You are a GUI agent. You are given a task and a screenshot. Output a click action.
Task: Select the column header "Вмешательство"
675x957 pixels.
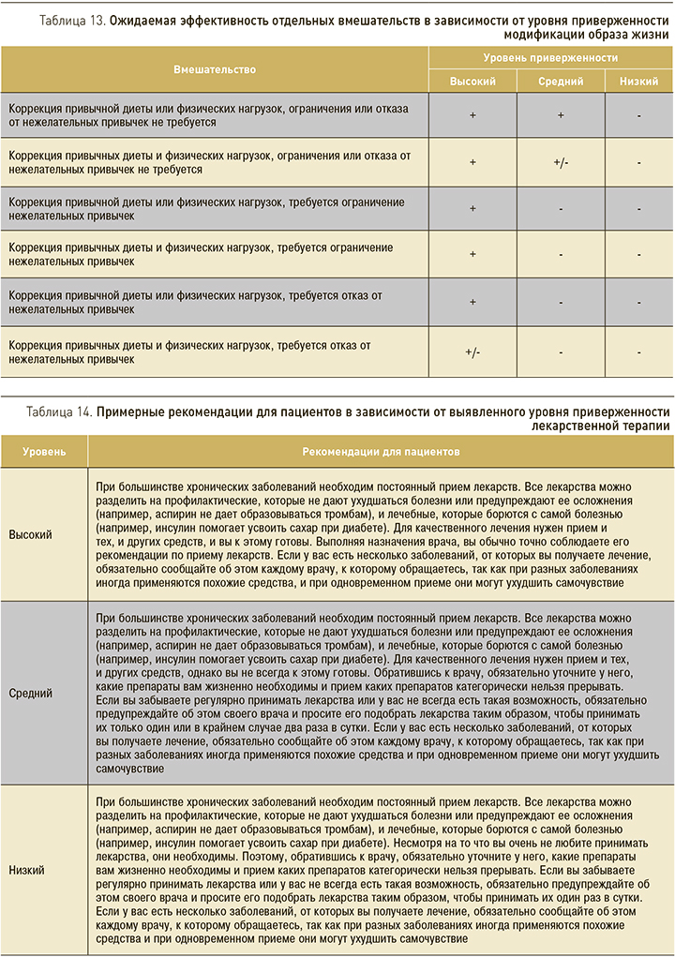click(214, 69)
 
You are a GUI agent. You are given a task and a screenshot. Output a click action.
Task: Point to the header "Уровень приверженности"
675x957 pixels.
click(550, 57)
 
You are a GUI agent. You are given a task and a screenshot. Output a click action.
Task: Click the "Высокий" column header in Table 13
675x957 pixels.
click(472, 82)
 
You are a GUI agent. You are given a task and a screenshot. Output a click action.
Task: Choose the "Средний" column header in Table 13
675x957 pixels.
click(561, 82)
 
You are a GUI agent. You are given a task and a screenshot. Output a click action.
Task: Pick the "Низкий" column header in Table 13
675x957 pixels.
click(638, 82)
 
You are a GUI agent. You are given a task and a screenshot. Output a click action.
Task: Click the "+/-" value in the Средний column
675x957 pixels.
click(561, 162)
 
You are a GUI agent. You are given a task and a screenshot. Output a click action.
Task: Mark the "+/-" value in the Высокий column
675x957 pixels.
click(472, 352)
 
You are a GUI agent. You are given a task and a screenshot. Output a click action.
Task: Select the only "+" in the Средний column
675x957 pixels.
click(561, 115)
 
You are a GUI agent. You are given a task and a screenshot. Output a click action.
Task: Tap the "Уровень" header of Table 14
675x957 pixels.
click(44, 452)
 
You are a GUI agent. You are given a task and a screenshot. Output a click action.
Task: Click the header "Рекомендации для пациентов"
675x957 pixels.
click(381, 452)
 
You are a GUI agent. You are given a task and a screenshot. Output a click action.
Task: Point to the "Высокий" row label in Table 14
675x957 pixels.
click(30, 534)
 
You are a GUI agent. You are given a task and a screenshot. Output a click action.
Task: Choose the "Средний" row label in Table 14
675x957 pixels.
click(30, 694)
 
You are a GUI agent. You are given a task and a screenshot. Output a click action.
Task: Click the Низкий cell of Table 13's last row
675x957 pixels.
click(638, 352)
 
